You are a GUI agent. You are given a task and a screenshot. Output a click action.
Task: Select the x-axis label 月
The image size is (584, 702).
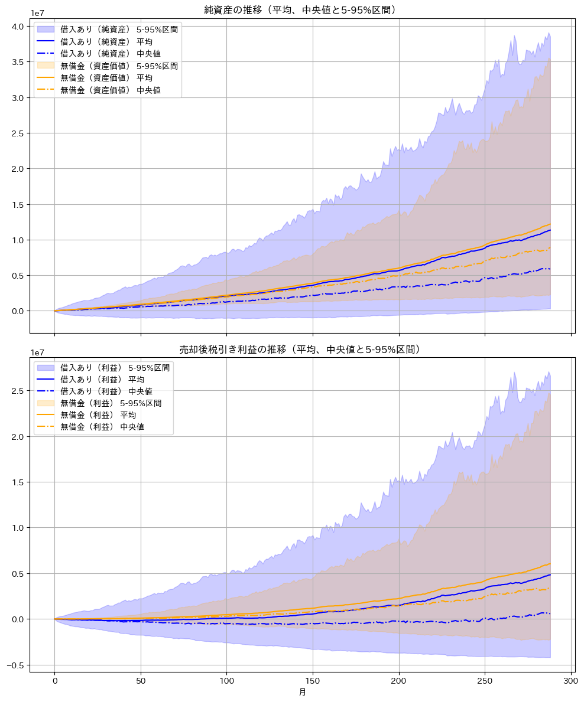point(302,692)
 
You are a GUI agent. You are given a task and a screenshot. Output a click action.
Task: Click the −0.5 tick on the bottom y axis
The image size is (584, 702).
point(15,665)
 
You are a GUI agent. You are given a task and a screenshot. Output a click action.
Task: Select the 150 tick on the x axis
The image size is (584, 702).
point(313,680)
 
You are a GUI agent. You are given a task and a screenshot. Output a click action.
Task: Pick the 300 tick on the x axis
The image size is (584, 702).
point(571,680)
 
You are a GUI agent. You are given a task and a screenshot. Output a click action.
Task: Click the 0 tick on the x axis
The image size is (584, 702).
point(54,680)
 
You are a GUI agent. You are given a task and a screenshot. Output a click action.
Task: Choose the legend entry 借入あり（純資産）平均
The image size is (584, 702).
point(106,41)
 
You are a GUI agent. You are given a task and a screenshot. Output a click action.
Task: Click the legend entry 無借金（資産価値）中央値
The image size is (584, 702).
point(111,90)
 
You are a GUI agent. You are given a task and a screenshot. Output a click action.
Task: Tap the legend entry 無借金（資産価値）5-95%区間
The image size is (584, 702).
point(118,66)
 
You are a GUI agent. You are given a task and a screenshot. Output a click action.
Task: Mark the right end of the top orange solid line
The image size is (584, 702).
point(550,224)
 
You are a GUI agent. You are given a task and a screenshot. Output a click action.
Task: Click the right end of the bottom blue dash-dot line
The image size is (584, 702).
point(550,613)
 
